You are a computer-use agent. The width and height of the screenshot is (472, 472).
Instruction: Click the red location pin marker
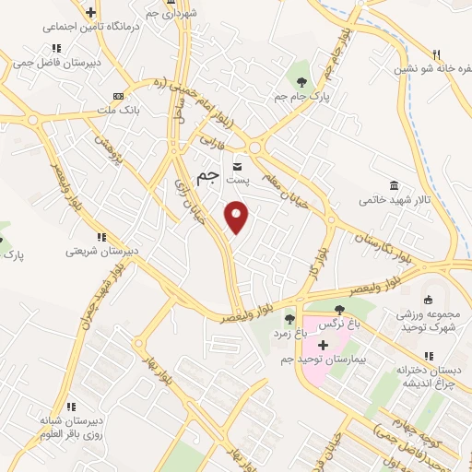click(x=238, y=218)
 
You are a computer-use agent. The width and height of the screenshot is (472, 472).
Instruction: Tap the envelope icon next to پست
click(x=238, y=167)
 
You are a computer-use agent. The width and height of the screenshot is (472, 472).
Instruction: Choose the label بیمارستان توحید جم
click(x=322, y=359)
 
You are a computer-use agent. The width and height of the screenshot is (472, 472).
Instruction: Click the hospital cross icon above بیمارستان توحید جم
click(x=323, y=344)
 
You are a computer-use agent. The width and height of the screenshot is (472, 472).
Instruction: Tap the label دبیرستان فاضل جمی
click(x=56, y=64)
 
